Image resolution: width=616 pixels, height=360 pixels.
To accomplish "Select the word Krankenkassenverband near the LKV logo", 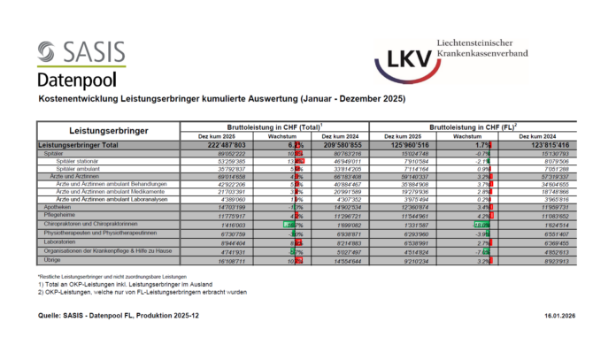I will (x=485, y=54).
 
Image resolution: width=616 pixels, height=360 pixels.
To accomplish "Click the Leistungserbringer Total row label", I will (x=79, y=144).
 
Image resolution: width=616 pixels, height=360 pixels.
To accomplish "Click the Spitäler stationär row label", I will (x=78, y=161).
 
